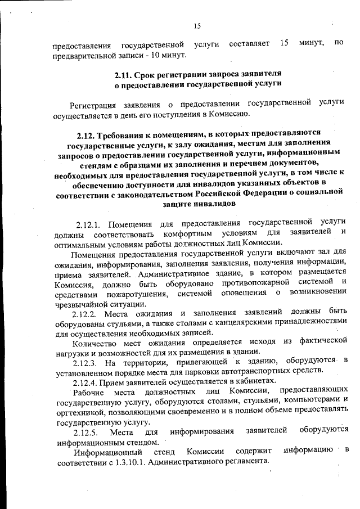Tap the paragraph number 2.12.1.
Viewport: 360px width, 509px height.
90,223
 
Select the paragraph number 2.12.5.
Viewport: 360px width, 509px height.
86,431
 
